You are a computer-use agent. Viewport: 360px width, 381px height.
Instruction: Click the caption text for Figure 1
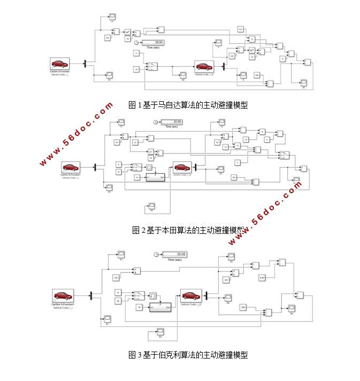tap(188, 105)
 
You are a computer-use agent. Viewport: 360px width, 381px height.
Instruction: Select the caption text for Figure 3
tap(188, 355)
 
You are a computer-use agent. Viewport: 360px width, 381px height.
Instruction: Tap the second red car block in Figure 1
tap(204, 66)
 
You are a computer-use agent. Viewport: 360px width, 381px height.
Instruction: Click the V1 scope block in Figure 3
tap(121, 253)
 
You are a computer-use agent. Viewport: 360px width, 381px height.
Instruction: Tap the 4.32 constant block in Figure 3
tap(262, 277)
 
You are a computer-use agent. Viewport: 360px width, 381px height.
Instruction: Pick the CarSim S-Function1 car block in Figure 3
tap(63, 296)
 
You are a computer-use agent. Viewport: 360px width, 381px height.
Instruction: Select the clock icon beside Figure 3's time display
tap(156, 254)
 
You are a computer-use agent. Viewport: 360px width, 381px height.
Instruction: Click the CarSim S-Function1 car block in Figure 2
tap(71, 167)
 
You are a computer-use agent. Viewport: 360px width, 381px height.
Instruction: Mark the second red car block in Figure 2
tap(182, 169)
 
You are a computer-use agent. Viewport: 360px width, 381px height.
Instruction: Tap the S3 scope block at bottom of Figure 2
tap(151, 205)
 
